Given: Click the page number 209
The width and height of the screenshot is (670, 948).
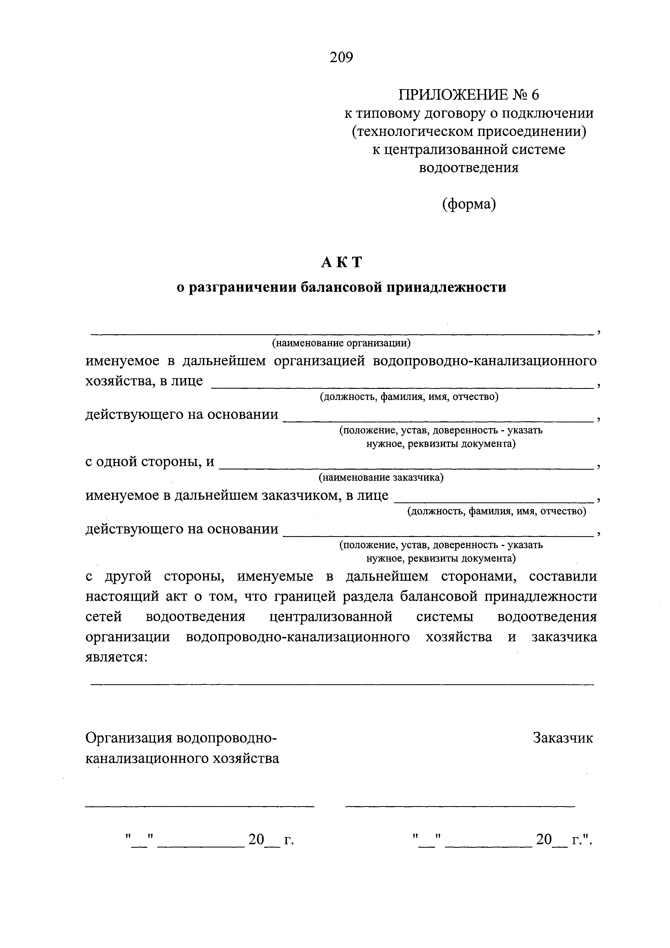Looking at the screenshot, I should click(x=341, y=57).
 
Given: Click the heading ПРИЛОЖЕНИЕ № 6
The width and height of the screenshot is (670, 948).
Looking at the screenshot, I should click(x=468, y=95).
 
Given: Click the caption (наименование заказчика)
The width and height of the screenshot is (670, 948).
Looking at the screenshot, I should click(x=381, y=478).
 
